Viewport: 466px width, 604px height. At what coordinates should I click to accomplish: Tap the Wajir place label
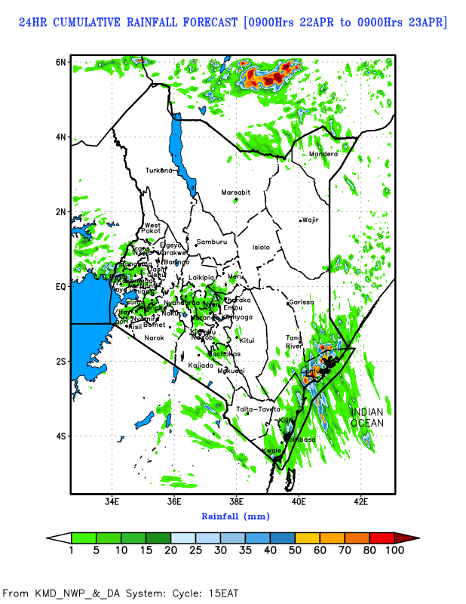[311, 220]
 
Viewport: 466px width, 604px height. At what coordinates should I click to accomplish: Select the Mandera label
[323, 154]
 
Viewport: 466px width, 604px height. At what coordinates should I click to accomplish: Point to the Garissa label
[302, 302]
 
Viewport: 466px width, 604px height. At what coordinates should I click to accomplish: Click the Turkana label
[159, 170]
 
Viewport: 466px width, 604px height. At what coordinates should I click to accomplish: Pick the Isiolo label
[261, 247]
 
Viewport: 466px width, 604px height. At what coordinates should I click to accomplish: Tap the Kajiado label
[201, 365]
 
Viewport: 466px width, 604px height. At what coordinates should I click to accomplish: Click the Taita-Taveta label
[258, 408]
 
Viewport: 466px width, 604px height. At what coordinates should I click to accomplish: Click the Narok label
[154, 337]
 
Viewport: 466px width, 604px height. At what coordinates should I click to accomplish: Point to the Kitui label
[247, 341]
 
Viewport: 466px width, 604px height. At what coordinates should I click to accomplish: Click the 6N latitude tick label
[60, 61]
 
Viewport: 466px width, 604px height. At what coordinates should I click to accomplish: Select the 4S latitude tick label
[60, 436]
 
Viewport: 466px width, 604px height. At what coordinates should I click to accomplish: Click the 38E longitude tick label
[236, 501]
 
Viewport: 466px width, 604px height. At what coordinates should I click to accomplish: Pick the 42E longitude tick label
[360, 501]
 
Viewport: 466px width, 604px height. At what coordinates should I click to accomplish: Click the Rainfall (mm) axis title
[235, 516]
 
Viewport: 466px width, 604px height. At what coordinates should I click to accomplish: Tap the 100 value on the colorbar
[395, 550]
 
